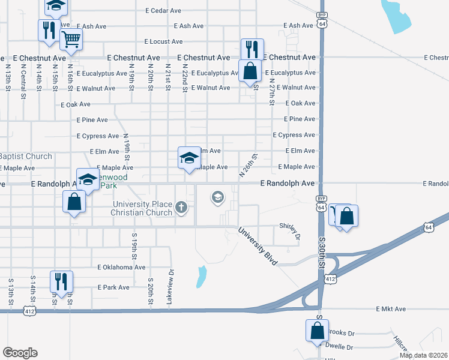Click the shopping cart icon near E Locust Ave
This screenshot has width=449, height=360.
tap(71, 40)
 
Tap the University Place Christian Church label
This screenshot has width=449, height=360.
tap(142, 208)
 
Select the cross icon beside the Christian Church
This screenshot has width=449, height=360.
tap(182, 208)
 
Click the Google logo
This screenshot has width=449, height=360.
tap(20, 353)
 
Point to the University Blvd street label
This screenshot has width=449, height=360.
tap(258, 246)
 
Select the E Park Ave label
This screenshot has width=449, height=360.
tap(113, 287)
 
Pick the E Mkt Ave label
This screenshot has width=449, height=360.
tap(391, 309)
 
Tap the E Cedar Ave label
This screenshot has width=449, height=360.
tap(163, 11)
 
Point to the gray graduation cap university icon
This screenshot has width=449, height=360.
tap(217, 196)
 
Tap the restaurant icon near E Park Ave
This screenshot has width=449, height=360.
tap(61, 281)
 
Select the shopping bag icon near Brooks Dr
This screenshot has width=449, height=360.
tap(316, 330)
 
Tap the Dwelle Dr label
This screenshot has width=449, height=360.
tap(340, 346)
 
